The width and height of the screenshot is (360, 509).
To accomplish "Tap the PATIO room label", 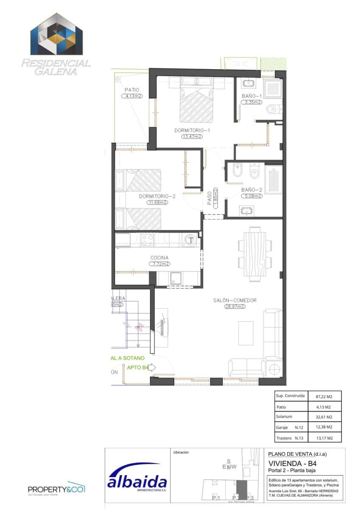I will tap(132, 90).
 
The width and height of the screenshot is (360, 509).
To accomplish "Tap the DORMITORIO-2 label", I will tap(157, 196).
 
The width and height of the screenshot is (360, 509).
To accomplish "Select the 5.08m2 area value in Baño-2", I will tap(252, 196).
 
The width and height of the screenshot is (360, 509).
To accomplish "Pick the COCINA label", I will tap(159, 257).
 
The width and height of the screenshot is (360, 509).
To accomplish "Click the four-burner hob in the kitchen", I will tap(147, 241).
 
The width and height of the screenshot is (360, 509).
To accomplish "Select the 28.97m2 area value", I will tap(235, 306).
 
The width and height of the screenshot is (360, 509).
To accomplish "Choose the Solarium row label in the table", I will tap(284, 417).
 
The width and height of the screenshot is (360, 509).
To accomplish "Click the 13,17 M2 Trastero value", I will tap(323, 438).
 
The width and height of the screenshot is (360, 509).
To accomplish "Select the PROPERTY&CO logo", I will tap(56, 489).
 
